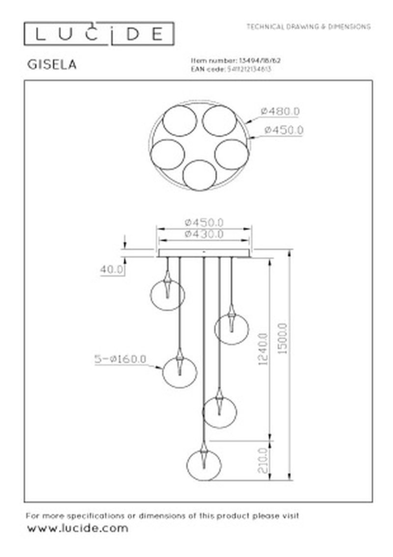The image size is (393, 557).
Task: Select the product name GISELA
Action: click(51, 65)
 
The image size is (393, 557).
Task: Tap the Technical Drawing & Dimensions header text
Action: click(309, 27)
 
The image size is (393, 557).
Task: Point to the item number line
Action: click(235, 60)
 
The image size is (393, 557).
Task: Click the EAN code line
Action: click(231, 69)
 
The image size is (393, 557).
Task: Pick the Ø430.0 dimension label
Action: click(204, 234)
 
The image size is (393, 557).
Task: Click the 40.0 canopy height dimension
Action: click(112, 270)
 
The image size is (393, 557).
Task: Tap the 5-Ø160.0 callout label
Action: click(120, 359)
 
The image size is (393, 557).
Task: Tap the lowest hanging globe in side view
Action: click(204, 465)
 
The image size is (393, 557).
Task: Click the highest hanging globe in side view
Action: click(167, 294)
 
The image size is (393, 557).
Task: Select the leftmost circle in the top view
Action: click(167, 154)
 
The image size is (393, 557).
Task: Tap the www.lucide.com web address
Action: click(77, 528)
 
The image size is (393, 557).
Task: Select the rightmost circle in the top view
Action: click(230, 154)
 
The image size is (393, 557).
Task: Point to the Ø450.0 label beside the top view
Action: click(283, 130)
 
